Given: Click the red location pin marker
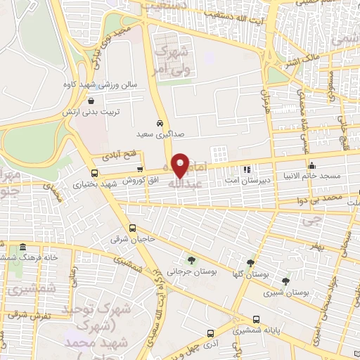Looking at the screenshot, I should click(181, 165).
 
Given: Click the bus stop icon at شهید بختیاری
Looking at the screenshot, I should click(95, 173).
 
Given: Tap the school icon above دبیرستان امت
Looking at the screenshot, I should click(246, 169).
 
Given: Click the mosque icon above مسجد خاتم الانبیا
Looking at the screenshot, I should click(312, 166).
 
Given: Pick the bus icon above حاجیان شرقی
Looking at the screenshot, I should click(133, 228).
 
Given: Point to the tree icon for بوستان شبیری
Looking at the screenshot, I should click(285, 280).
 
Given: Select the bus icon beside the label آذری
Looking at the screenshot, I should click(210, 333).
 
